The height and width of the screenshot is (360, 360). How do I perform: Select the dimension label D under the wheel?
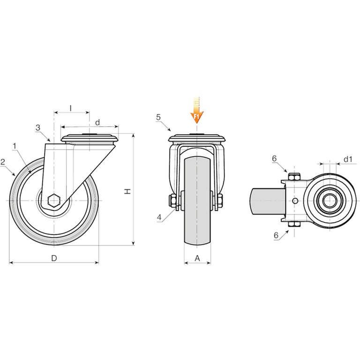pyautogui.click(x=54, y=258)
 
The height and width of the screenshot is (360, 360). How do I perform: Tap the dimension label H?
pyautogui.click(x=127, y=191)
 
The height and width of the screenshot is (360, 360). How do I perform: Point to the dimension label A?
pyautogui.click(x=197, y=258)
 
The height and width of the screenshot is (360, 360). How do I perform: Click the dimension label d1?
pyautogui.click(x=348, y=159)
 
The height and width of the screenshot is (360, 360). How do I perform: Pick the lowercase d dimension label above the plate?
pyautogui.click(x=97, y=123)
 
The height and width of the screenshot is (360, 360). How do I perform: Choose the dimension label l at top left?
pyautogui.click(x=71, y=108)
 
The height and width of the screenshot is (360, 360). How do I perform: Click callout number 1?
pyautogui.click(x=15, y=146)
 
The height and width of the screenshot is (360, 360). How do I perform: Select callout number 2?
pyautogui.click(x=3, y=162)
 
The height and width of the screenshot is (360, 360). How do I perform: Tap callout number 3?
pyautogui.click(x=38, y=127)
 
